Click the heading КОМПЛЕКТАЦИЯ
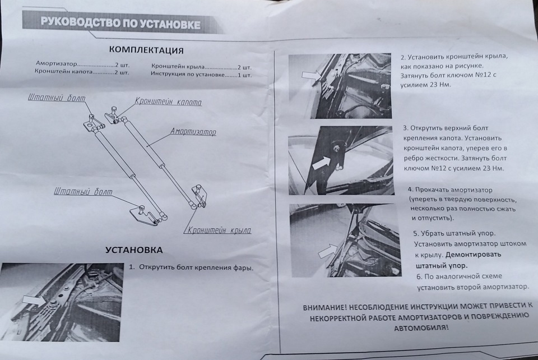146,50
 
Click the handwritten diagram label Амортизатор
193,132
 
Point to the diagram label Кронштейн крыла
219,230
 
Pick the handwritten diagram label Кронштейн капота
168,103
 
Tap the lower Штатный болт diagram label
83,192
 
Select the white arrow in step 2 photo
309,75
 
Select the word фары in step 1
243,267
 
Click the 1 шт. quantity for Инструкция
244,74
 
